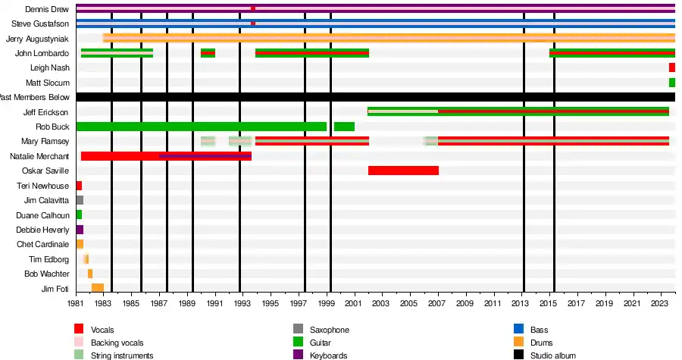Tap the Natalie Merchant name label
tap(39, 156)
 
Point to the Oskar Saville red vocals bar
tap(403, 171)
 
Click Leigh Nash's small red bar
tap(672, 68)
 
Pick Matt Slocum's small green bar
tap(672, 83)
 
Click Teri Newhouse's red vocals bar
tap(79, 186)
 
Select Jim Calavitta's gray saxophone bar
tap(80, 200)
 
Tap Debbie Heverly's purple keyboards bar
tap(80, 230)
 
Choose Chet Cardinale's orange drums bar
tap(80, 244)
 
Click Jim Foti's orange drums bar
tap(97, 288)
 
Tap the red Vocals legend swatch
tap(79, 329)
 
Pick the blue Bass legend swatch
tap(518, 329)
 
